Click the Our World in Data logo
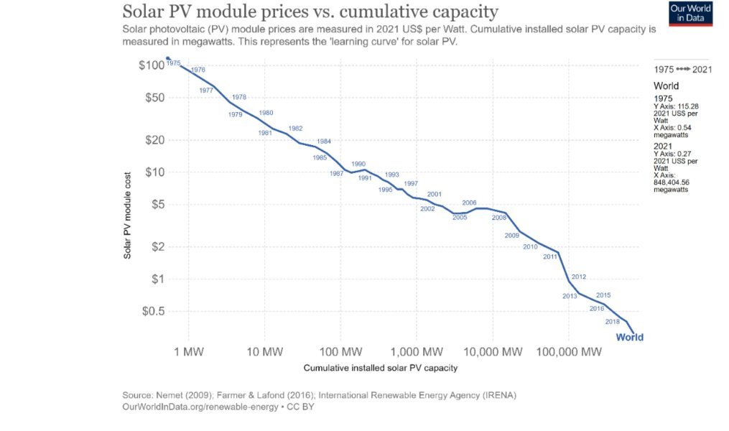[690, 13]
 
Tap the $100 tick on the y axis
[152, 65]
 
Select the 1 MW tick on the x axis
[190, 352]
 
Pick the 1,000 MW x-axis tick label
[417, 352]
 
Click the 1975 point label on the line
[173, 63]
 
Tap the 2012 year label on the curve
[579, 277]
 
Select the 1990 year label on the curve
[358, 164]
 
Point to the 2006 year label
[469, 203]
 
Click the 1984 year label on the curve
[323, 141]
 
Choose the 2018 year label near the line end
[613, 321]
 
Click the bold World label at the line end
[630, 338]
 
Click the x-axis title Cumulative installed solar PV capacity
[380, 368]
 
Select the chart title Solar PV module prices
[310, 12]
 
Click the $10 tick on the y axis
[155, 172]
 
